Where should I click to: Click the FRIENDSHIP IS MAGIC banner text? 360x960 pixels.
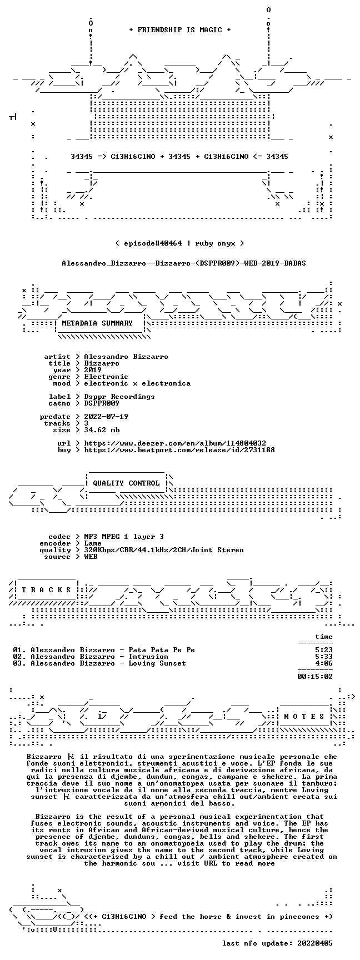click(x=179, y=30)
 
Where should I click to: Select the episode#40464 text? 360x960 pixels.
click(x=150, y=243)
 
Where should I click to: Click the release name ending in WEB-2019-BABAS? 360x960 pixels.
click(x=184, y=263)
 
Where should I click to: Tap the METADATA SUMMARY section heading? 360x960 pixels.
click(x=97, y=323)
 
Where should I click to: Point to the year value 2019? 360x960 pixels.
click(x=93, y=370)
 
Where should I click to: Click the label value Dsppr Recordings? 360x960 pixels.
click(x=119, y=397)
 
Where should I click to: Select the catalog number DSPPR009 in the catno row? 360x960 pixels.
click(x=102, y=403)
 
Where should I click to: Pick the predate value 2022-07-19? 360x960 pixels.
click(x=106, y=417)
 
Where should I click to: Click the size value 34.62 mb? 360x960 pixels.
click(x=102, y=430)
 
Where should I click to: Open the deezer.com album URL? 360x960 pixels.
click(x=175, y=443)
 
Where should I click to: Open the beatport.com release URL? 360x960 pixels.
click(x=179, y=450)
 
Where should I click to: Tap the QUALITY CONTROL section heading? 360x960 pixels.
click(x=126, y=483)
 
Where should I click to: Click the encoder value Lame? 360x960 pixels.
click(x=93, y=543)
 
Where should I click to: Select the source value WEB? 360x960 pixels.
click(x=91, y=557)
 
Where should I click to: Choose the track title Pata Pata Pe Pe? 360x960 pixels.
click(x=162, y=650)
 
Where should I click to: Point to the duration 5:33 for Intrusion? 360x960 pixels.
click(x=324, y=657)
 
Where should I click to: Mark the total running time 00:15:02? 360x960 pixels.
click(x=315, y=677)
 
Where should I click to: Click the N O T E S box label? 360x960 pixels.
click(x=304, y=717)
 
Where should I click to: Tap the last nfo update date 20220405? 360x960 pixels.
click(x=315, y=943)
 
